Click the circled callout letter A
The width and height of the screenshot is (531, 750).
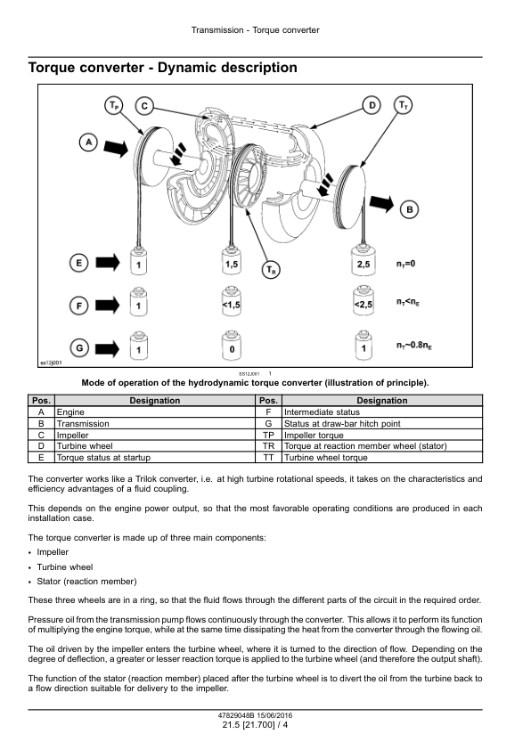coord(88,143)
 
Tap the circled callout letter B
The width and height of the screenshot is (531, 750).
coord(410,209)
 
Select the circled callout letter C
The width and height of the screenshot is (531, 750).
coord(144,106)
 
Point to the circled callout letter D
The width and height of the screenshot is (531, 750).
coord(372,105)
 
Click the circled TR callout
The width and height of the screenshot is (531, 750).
coord(271,270)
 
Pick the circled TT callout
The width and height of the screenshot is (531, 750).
coord(404,105)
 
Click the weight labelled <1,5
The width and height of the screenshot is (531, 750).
coord(232,301)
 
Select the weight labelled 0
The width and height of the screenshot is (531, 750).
coord(232,345)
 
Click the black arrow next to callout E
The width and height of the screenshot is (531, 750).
coord(108,262)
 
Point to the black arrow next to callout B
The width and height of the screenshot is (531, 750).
coord(381,203)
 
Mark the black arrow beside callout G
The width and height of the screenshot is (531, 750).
coord(108,348)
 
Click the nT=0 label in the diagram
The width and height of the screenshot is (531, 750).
coord(405,264)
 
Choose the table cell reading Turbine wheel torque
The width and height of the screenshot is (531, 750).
coord(326,457)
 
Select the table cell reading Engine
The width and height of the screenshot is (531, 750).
coord(70,412)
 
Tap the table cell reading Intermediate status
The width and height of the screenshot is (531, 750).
coord(322,412)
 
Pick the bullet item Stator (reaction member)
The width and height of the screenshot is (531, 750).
coord(86,582)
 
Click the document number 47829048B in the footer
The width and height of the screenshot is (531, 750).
coord(236,715)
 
